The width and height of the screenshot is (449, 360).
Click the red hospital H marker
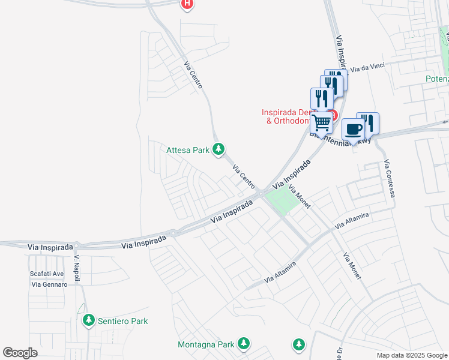point(187,4)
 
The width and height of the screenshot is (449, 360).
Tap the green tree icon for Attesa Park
point(219,149)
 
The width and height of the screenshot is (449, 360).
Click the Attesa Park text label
point(187,150)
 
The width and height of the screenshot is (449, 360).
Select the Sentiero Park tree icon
point(89,321)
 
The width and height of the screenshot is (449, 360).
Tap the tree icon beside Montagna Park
point(243,344)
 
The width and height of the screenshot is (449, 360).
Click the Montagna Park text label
point(205,344)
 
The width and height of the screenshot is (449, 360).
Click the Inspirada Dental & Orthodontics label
point(286,116)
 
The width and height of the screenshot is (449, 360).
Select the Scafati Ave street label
point(47,274)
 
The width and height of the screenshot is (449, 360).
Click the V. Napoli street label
point(77,264)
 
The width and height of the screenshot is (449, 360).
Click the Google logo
point(20,353)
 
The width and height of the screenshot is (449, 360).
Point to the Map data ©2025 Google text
point(411,355)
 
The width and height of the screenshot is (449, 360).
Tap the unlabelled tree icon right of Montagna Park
point(298,344)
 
